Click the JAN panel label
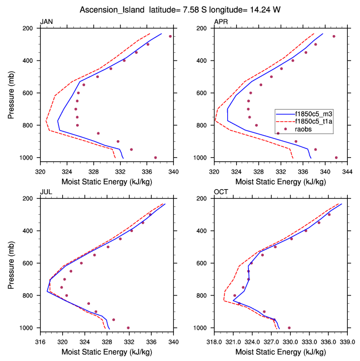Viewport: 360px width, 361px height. coord(46,22)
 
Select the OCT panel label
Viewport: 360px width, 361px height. coord(221,192)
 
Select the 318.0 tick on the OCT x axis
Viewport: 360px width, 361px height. coord(214,335)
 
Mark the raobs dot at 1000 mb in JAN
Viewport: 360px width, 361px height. coord(155,157)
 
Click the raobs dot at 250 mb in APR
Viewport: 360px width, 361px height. coord(334,36)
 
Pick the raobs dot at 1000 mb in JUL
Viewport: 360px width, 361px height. coord(128,328)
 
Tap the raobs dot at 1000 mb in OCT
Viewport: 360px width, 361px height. coord(289,328)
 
